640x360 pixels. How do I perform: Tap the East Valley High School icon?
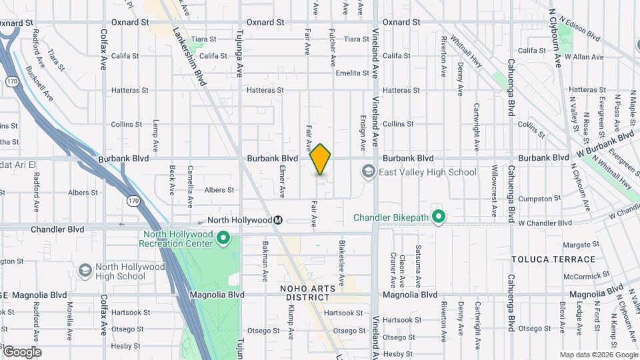(x=368, y=172)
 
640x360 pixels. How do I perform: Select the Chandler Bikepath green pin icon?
(x=439, y=217)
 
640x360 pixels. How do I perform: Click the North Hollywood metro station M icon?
(x=279, y=220)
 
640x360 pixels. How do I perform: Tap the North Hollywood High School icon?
(x=85, y=271)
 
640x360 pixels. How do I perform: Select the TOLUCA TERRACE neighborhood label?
(x=553, y=259)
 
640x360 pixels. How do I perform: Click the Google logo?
(x=22, y=352)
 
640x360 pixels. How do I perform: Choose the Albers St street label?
(x=219, y=190)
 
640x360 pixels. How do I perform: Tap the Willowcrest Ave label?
(x=494, y=191)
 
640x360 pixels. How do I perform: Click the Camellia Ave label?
(x=190, y=181)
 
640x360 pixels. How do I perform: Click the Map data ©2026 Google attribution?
(x=598, y=355)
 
